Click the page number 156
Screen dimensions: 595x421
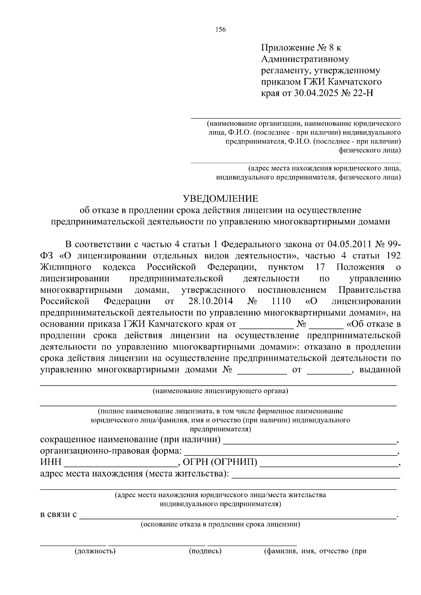click(221, 30)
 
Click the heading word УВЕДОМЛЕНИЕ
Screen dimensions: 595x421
click(221, 199)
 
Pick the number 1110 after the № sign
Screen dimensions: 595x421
click(281, 301)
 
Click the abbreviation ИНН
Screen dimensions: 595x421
click(51, 462)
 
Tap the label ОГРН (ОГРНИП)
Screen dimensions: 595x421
click(220, 462)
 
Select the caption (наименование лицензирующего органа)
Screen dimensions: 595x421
click(220, 391)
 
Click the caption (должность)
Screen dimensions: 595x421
click(95, 551)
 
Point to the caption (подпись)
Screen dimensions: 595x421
click(205, 551)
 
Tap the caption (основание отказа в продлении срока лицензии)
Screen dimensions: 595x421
click(220, 525)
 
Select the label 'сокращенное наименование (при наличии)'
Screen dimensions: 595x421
click(131, 439)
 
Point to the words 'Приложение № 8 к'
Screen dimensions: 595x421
click(301, 47)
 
